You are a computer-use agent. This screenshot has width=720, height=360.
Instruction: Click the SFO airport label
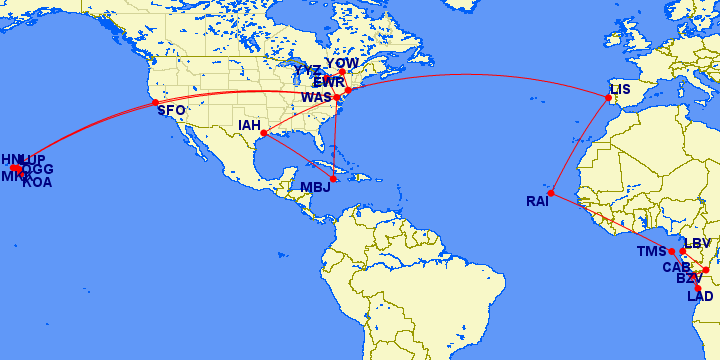tap(171, 111)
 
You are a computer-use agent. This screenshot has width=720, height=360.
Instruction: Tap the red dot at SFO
tap(154, 103)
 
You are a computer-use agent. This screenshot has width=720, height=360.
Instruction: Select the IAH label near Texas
tap(250, 126)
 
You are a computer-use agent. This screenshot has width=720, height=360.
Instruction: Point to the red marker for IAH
tap(263, 133)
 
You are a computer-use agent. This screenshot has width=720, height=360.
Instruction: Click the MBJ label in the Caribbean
tap(314, 187)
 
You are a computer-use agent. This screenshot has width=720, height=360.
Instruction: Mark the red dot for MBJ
tap(333, 179)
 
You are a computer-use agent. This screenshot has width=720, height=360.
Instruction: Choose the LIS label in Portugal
tap(621, 89)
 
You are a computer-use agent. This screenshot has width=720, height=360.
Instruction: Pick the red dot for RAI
tap(551, 192)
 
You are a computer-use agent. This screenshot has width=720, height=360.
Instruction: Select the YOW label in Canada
tap(342, 63)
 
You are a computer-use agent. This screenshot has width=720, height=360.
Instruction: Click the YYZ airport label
tap(308, 71)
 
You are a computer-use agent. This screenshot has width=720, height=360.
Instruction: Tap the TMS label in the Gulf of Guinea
tap(651, 252)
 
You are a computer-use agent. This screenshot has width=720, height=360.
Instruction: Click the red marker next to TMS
tap(673, 252)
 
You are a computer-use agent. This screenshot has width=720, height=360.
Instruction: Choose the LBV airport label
tap(697, 244)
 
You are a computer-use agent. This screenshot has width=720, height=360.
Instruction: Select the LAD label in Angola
tap(700, 296)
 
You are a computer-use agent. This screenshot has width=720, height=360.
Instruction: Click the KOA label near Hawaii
tap(37, 182)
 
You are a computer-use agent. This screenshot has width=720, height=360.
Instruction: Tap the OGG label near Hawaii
tap(38, 170)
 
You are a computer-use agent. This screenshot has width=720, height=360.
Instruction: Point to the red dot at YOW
tap(342, 73)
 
